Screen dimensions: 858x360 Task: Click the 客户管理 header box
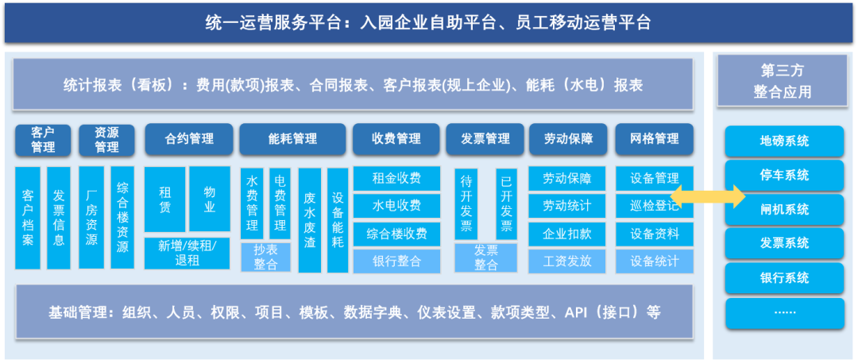43,140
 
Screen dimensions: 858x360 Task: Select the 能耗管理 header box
292,139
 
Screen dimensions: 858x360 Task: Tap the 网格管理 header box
655,139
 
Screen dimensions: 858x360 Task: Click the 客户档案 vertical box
28,218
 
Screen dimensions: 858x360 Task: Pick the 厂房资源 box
91,218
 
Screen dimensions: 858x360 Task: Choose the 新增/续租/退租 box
187,254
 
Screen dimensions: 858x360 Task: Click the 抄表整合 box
266,257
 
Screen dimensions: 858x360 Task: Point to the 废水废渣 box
310,220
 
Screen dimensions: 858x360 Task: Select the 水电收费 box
396,206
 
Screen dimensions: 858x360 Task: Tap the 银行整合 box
396,261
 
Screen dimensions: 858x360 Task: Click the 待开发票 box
466,203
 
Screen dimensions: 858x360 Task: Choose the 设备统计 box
655,261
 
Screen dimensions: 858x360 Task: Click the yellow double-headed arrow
708,195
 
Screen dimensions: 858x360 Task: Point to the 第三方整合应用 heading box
782,80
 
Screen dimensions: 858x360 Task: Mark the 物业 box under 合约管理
210,199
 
